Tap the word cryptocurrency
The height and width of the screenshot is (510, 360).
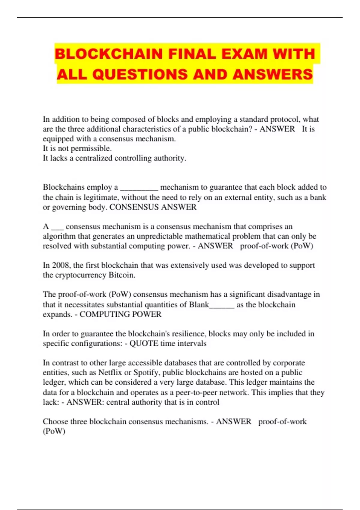coord(81,275)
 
